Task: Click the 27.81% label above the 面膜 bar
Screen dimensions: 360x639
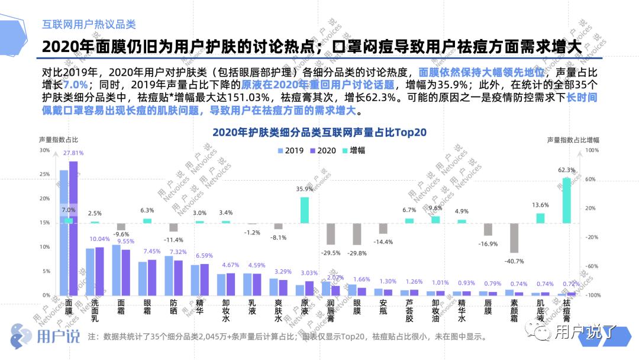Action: (74, 153)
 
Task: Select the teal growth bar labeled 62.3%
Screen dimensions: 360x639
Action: (566, 200)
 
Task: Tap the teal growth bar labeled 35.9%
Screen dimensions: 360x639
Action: (305, 210)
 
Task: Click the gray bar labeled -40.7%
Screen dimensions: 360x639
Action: (514, 238)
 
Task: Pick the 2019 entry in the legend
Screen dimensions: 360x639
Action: (291, 151)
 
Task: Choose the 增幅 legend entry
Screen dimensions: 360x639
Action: (353, 151)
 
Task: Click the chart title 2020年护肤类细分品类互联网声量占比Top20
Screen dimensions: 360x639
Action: (319, 132)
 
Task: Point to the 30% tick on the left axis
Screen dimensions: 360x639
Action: (45, 150)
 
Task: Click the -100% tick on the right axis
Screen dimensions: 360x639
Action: (592, 295)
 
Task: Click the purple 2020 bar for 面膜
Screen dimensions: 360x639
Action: (73, 228)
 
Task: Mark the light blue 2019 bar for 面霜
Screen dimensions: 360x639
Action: (116, 270)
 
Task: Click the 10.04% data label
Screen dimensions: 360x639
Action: (99, 239)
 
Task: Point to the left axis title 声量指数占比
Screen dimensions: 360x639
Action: (59, 140)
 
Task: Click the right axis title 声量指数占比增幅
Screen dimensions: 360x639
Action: (573, 140)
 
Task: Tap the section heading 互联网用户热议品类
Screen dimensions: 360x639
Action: (89, 24)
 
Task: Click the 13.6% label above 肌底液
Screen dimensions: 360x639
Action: (540, 205)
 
